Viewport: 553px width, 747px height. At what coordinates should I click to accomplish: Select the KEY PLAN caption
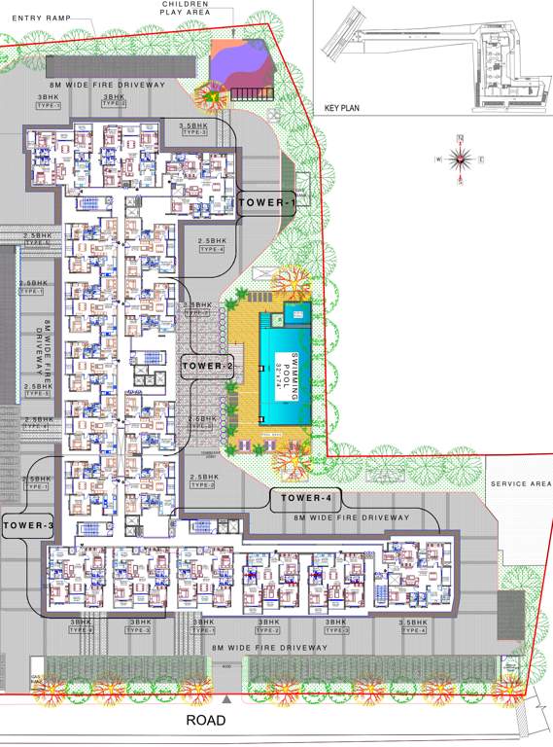(342, 108)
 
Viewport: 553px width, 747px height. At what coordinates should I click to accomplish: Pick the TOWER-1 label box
(267, 203)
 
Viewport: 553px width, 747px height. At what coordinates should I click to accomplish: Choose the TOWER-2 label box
(207, 366)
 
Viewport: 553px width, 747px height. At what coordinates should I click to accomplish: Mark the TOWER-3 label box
(27, 525)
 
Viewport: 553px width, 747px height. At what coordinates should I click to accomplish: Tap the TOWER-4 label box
(306, 499)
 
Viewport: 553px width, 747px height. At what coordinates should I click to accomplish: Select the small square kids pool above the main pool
(295, 313)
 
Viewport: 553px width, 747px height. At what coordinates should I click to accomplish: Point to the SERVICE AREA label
(521, 483)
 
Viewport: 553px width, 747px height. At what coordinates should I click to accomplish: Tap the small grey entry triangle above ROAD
(226, 699)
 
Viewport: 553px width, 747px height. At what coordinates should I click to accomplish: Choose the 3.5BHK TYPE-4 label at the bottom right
(412, 625)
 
